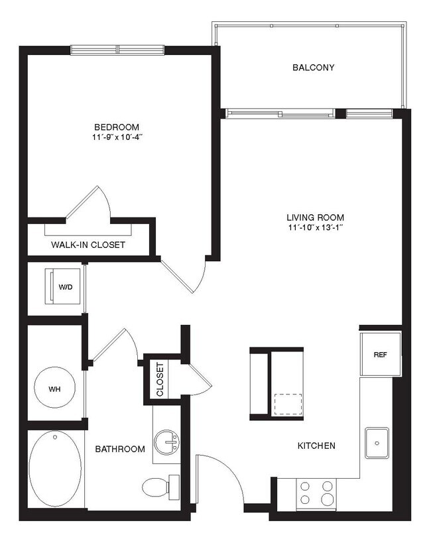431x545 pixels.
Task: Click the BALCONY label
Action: point(313,68)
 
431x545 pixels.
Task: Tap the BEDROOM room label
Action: point(116,127)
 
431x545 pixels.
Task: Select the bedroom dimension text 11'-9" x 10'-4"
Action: point(116,138)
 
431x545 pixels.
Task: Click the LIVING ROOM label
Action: point(315,217)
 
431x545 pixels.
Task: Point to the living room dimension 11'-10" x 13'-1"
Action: point(315,228)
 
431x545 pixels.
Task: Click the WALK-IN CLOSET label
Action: point(88,245)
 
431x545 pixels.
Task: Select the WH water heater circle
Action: point(54,389)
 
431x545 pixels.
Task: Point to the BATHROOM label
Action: point(119,450)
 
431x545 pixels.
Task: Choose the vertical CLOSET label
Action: point(160,379)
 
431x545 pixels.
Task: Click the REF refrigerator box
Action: point(379,354)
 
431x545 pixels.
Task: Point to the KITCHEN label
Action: point(316,446)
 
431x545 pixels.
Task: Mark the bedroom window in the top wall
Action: point(117,50)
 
